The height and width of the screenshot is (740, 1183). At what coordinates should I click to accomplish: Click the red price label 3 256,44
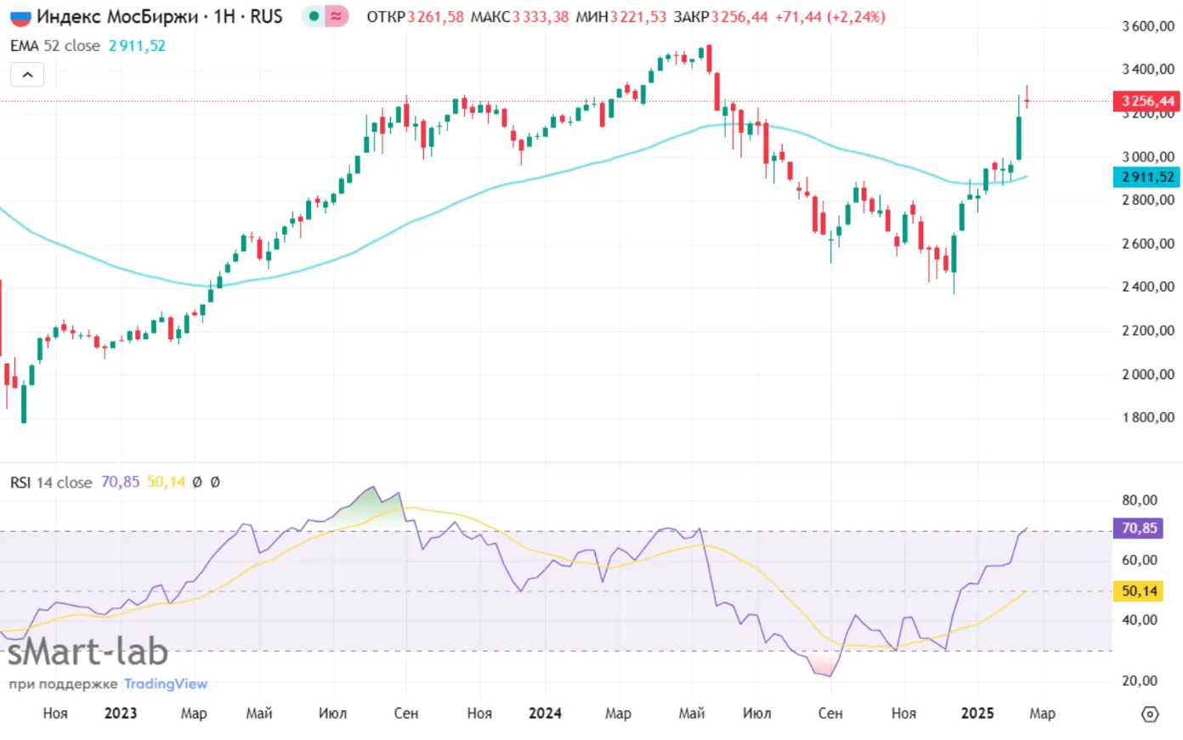(x=1146, y=101)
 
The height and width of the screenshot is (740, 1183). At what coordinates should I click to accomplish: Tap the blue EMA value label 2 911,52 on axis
(x=1146, y=177)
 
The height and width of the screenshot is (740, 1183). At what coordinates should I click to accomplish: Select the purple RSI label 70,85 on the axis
(x=1139, y=528)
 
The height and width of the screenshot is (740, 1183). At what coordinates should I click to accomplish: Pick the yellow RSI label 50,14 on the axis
(x=1139, y=590)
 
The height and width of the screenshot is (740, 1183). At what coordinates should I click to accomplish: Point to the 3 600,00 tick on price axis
(x=1147, y=26)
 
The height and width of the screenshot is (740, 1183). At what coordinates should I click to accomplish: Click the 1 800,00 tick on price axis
(x=1147, y=417)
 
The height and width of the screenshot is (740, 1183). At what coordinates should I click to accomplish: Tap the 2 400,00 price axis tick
(x=1147, y=287)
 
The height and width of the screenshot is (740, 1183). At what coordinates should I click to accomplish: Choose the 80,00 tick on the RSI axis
(x=1140, y=500)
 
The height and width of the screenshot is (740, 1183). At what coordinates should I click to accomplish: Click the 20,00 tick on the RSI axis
(x=1140, y=681)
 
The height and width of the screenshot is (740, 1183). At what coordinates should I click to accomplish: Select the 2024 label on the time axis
(x=545, y=713)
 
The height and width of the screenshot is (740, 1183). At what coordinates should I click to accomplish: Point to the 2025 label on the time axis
(x=977, y=713)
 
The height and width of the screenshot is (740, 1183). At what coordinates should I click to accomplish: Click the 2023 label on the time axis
(x=121, y=713)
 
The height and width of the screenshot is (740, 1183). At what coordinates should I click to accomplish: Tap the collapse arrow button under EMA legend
(x=27, y=75)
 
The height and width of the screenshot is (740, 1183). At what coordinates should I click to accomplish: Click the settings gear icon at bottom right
(x=1150, y=714)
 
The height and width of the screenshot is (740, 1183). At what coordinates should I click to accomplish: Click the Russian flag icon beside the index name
(x=20, y=17)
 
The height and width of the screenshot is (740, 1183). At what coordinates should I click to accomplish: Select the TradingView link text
(x=166, y=684)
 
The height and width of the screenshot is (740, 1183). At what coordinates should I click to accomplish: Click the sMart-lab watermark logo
(x=88, y=652)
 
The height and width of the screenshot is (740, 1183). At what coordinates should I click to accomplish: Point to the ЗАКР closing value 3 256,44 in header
(x=739, y=17)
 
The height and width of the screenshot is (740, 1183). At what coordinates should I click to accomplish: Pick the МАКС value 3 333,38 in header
(x=540, y=17)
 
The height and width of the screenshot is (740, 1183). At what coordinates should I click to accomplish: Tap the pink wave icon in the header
(x=337, y=16)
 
